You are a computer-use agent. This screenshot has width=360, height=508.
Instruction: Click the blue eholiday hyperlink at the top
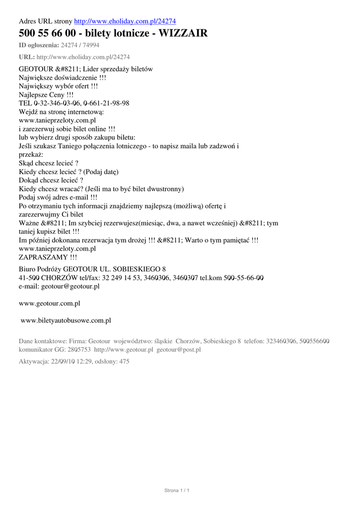tap(125, 21)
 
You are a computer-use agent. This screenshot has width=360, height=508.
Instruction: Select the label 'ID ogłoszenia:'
tap(39, 45)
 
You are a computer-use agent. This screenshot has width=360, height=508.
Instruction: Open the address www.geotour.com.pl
tap(50, 303)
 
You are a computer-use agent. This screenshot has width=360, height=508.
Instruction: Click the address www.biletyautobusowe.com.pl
tap(66, 320)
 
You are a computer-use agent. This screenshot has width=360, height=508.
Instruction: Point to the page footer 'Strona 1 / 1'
tap(177, 491)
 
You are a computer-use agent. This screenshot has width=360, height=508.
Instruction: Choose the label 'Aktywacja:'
tap(34, 362)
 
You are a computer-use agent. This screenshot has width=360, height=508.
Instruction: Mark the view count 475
tap(123, 362)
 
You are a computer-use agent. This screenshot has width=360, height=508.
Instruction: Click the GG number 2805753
tap(79, 350)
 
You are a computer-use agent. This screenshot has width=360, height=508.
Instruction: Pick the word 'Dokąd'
tap(29, 180)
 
